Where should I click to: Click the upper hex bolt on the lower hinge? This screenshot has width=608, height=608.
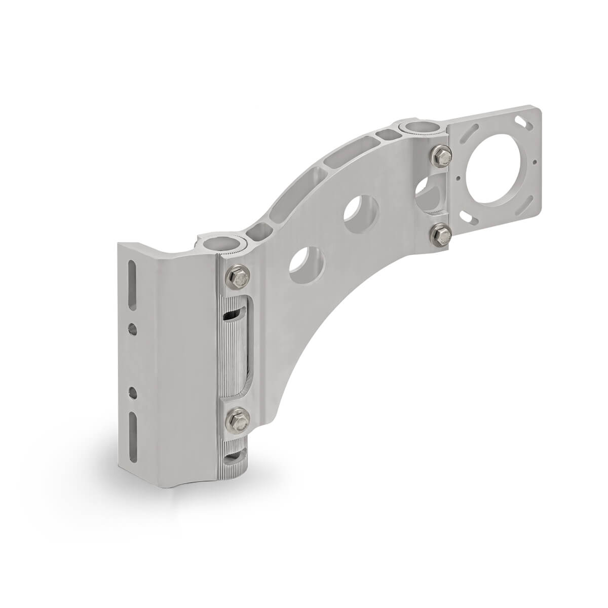(237, 278)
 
